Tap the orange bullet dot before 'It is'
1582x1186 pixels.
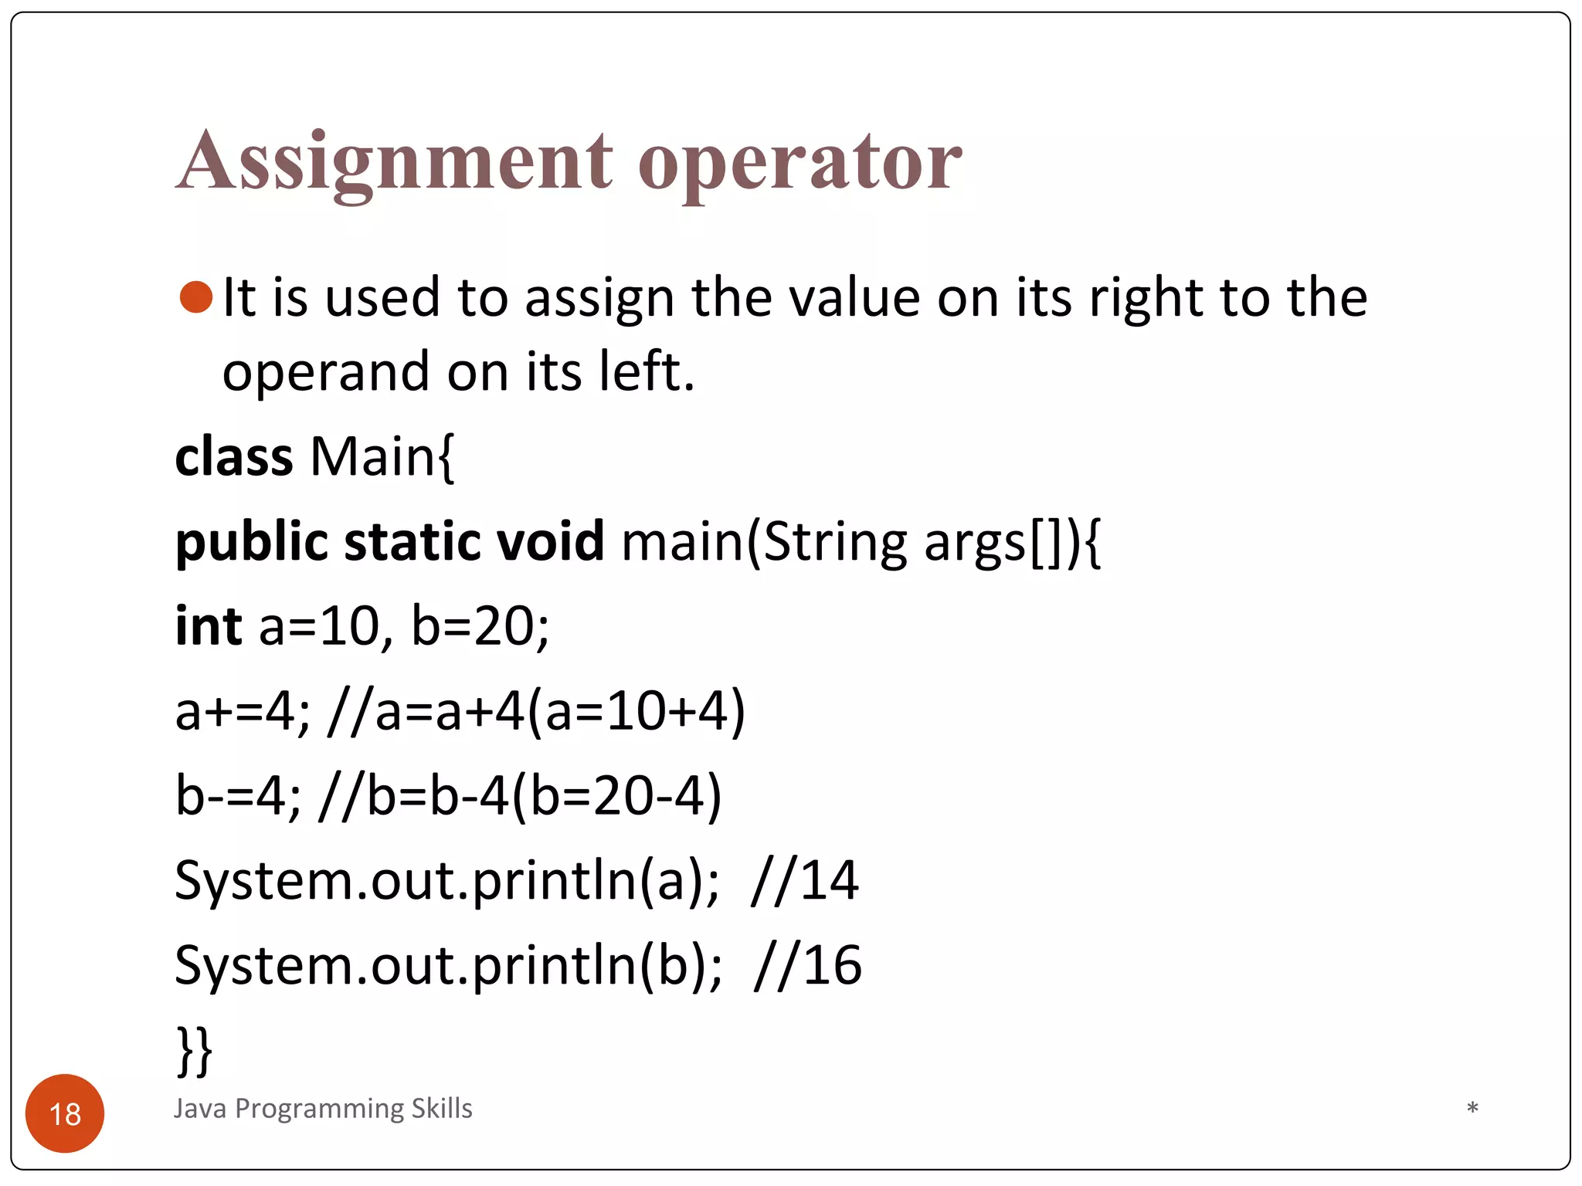tap(195, 297)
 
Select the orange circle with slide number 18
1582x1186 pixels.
tap(65, 1113)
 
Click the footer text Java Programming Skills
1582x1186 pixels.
tap(323, 1108)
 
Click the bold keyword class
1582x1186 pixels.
tap(233, 456)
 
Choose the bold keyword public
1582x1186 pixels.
tap(252, 542)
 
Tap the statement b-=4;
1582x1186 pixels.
tap(238, 795)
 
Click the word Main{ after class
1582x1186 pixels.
tap(382, 456)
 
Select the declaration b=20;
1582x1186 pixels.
tap(480, 625)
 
